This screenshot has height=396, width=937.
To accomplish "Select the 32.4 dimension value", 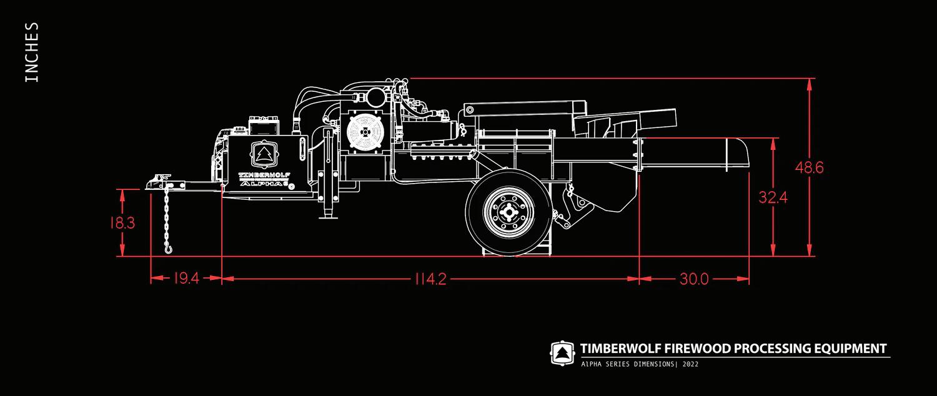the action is [773, 197].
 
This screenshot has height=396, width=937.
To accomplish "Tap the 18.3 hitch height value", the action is [122, 222].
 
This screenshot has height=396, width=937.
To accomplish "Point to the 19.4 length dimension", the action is [186, 279].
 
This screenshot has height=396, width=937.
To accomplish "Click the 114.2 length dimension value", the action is [430, 279].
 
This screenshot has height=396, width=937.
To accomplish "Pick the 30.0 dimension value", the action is [693, 279].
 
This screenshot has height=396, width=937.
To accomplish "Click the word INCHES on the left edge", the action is [31, 52].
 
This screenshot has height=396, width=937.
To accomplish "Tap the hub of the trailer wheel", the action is [508, 212].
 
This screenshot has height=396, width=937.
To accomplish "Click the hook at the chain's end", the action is [168, 249].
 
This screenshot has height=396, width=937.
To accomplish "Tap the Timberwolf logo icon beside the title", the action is [562, 353].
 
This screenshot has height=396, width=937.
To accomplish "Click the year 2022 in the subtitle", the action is [690, 364].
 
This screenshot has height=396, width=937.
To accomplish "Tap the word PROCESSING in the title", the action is [771, 349].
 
